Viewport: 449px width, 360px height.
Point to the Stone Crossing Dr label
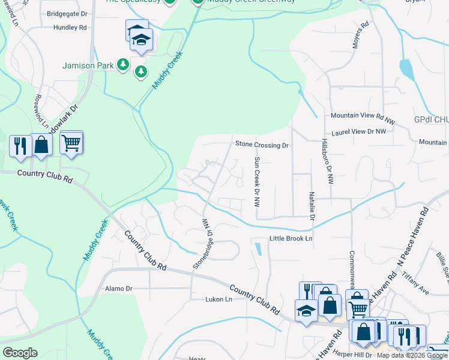(262, 145)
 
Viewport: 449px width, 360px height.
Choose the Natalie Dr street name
(312, 206)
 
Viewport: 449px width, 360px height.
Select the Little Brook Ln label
(291, 239)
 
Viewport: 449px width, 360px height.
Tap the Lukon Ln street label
(218, 299)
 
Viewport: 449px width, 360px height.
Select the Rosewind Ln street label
(41, 112)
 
